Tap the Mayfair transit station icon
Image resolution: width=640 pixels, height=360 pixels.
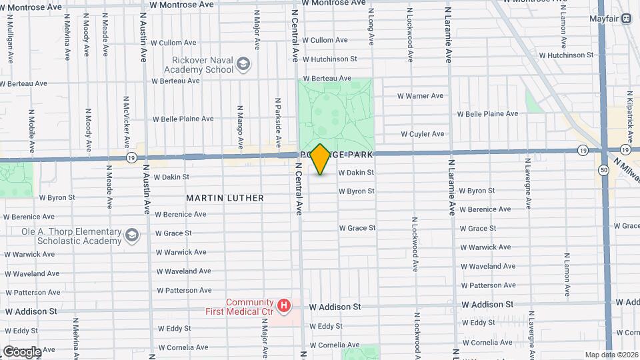coord(627,19)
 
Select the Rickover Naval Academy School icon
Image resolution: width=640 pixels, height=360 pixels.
coord(243,64)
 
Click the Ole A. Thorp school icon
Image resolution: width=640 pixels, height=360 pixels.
coord(132,235)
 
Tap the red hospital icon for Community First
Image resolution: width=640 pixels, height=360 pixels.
coord(285,306)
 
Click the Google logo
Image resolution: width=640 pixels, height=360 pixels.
coord(22,351)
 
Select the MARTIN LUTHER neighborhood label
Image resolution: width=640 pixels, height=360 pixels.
coord(225,198)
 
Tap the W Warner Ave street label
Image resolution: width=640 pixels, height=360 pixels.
coord(420,96)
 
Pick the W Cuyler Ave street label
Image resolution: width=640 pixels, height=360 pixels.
coord(422,134)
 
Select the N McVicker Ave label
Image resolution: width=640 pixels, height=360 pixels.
coord(126,121)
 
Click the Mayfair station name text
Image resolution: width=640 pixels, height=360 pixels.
coord(605,19)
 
